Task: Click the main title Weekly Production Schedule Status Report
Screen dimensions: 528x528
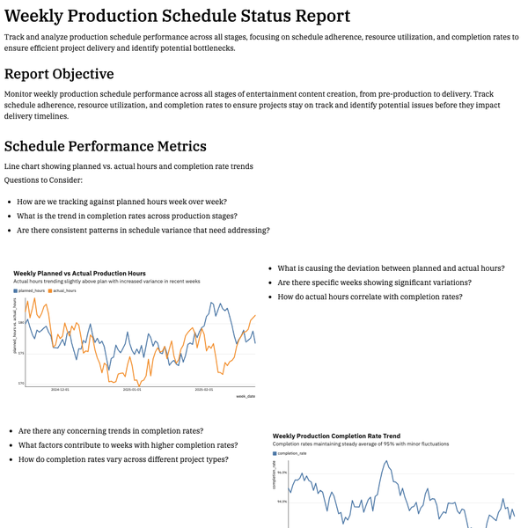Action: [177, 16]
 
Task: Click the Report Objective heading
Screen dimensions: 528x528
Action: [59, 74]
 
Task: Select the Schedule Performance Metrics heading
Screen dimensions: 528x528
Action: [106, 146]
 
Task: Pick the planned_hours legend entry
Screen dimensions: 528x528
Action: [32, 290]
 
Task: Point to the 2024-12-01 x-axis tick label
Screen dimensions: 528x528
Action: [60, 389]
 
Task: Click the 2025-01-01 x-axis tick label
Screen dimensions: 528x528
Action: [132, 389]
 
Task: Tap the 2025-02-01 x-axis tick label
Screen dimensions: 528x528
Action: [204, 389]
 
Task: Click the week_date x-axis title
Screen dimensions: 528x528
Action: [246, 397]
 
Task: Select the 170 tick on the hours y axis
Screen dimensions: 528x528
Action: [19, 383]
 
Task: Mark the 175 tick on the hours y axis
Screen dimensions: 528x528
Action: [19, 353]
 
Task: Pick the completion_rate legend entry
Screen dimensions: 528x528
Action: [292, 453]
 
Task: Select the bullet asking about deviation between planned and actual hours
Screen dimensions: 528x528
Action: [391, 268]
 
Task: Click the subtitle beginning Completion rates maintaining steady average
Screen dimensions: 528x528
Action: [361, 444]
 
